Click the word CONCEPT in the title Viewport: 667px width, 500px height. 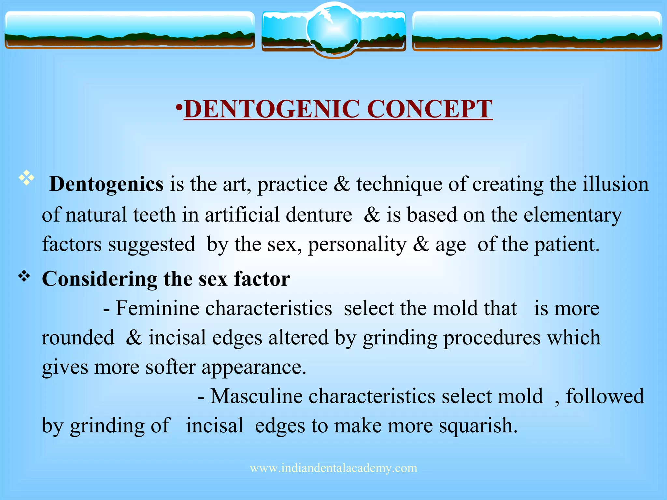(430, 109)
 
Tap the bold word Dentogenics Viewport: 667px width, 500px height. (106, 184)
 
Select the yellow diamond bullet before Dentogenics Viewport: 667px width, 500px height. (27, 178)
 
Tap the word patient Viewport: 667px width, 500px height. (566, 244)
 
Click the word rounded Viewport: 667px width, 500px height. (78, 338)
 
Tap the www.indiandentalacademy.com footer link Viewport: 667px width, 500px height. (333, 468)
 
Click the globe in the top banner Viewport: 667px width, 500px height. (333, 29)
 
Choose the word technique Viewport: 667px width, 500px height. (399, 184)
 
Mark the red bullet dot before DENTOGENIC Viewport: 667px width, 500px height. (179, 107)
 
